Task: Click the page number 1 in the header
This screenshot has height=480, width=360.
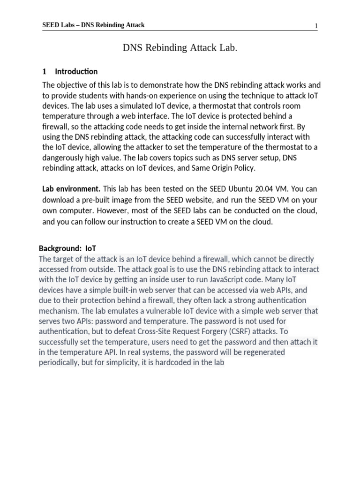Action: (x=316, y=26)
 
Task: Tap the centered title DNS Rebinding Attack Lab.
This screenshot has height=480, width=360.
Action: (x=177, y=48)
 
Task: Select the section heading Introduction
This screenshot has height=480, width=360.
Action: (x=76, y=72)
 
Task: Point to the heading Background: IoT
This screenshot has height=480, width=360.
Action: (x=67, y=248)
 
